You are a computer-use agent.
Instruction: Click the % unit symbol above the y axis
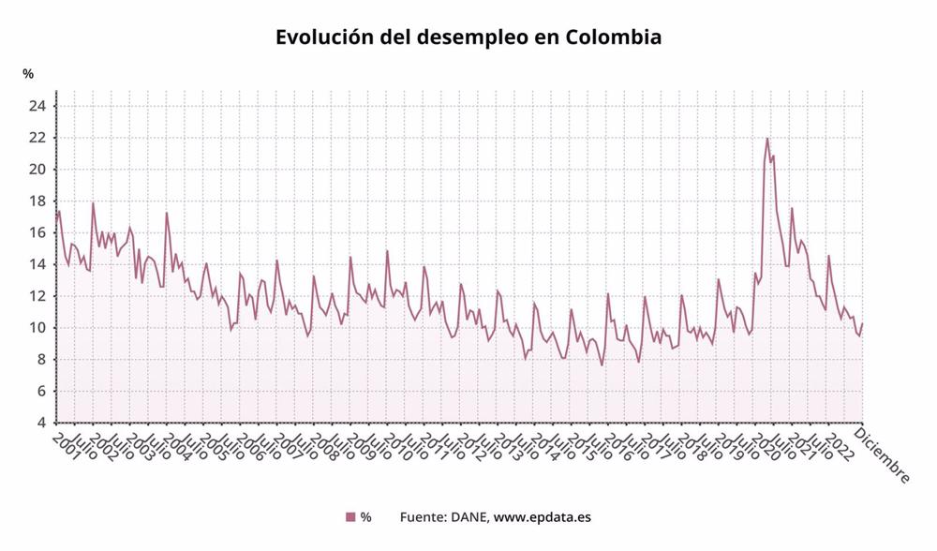coord(28,74)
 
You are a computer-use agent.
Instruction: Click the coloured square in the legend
coord(350,517)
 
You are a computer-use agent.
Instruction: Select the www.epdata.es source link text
coord(542,517)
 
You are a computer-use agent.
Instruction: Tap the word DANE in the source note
coord(467,517)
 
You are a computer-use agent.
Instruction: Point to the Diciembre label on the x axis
coord(885,457)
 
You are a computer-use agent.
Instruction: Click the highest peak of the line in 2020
coord(767,139)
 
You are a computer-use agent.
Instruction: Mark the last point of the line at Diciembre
coord(862,324)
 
